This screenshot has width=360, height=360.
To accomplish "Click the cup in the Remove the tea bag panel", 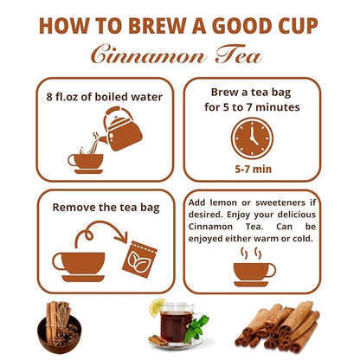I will [x=78, y=263].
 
